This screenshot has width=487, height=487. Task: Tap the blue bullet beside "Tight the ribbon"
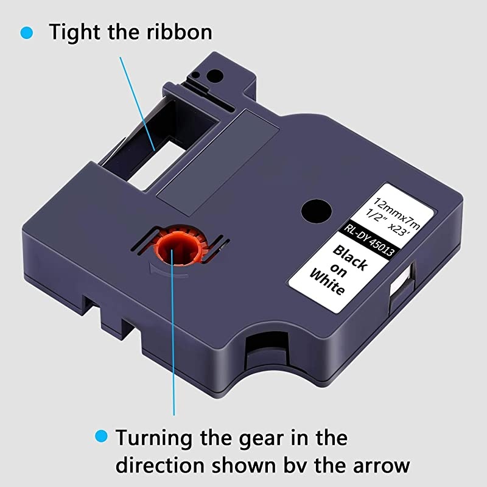[x=27, y=33]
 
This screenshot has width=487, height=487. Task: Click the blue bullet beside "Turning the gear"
[x=101, y=436]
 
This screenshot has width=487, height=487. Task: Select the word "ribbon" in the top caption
[x=179, y=32]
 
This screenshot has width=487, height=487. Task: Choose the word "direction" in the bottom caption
[x=161, y=465]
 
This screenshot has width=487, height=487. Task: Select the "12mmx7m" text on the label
[x=397, y=212]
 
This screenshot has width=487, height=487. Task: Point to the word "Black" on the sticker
[x=350, y=257]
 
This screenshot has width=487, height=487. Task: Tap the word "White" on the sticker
[x=328, y=282]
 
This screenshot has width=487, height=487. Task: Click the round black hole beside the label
[x=317, y=211]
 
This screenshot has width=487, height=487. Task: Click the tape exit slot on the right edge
[x=402, y=287]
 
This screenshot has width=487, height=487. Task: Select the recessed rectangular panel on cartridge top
[x=217, y=162]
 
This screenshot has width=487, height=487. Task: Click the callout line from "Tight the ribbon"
[x=138, y=103]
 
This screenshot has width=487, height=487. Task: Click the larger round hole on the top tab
[x=215, y=76]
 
